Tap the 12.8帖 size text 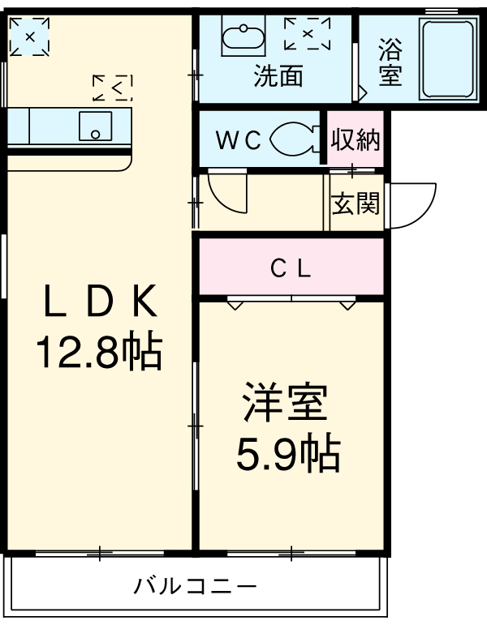pyautogui.click(x=99, y=351)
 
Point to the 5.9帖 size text pyautogui.click(x=287, y=455)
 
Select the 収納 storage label pyautogui.click(x=356, y=139)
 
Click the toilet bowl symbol pyautogui.click(x=295, y=139)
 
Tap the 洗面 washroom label pyautogui.click(x=278, y=76)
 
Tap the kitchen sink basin pyautogui.click(x=96, y=126)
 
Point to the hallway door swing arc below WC pyautogui.click(x=228, y=193)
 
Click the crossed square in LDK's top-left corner pyautogui.click(x=29, y=36)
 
